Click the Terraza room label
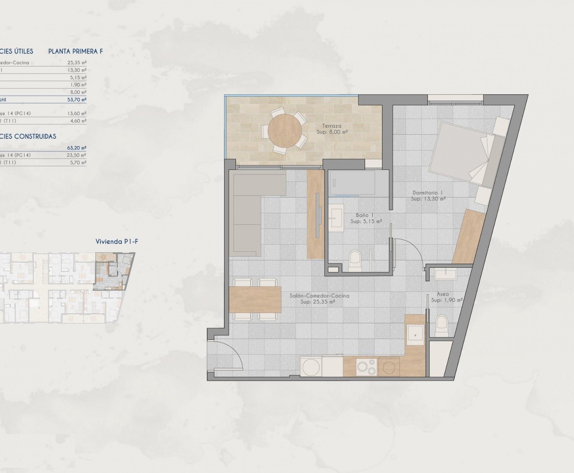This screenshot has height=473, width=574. pos(332,126)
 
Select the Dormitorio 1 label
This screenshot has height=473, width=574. pos(428,193)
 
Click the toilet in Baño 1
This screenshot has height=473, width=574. pos(355,260)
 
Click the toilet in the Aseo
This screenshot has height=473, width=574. pos(442,326)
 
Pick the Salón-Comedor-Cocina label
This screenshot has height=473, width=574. pos(319,296)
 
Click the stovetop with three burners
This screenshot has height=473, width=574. pos(367,367)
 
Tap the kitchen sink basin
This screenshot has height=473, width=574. pos(415,335)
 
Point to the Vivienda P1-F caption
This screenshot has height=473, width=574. pos(117,241)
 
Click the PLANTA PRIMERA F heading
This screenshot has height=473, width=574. pos(75,51)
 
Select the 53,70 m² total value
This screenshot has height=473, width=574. pos(77,100)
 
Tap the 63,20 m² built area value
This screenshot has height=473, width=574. pos(77,148)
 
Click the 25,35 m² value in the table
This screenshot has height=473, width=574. pos(77,63)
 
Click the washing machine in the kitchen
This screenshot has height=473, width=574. pos(311,367)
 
